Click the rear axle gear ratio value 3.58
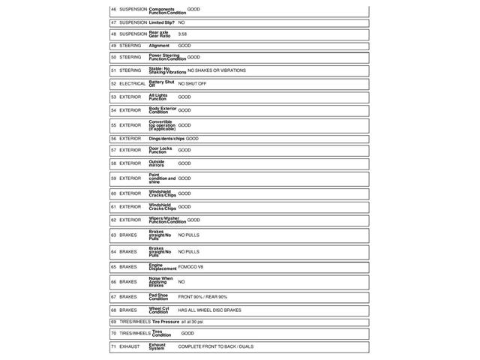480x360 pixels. click(x=183, y=34)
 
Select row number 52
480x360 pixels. click(x=113, y=83)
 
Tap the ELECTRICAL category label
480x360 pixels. click(x=133, y=83)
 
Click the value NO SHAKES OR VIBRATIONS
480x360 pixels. click(x=216, y=70)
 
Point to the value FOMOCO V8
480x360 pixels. click(x=190, y=266)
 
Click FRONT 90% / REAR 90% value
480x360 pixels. click(x=202, y=297)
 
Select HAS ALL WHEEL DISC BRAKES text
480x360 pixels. click(x=209, y=310)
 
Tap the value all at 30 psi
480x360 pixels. click(x=192, y=321)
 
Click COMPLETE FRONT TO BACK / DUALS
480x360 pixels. click(x=215, y=346)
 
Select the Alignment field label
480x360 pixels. click(x=159, y=46)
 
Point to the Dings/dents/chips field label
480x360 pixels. click(x=166, y=138)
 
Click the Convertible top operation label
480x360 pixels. click(x=162, y=125)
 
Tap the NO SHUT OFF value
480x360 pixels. click(x=192, y=83)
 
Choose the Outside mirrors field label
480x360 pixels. click(x=157, y=163)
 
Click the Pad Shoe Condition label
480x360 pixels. click(x=159, y=297)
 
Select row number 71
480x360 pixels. click(x=113, y=346)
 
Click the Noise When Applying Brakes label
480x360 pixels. click(x=160, y=282)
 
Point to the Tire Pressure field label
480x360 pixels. click(x=166, y=321)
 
